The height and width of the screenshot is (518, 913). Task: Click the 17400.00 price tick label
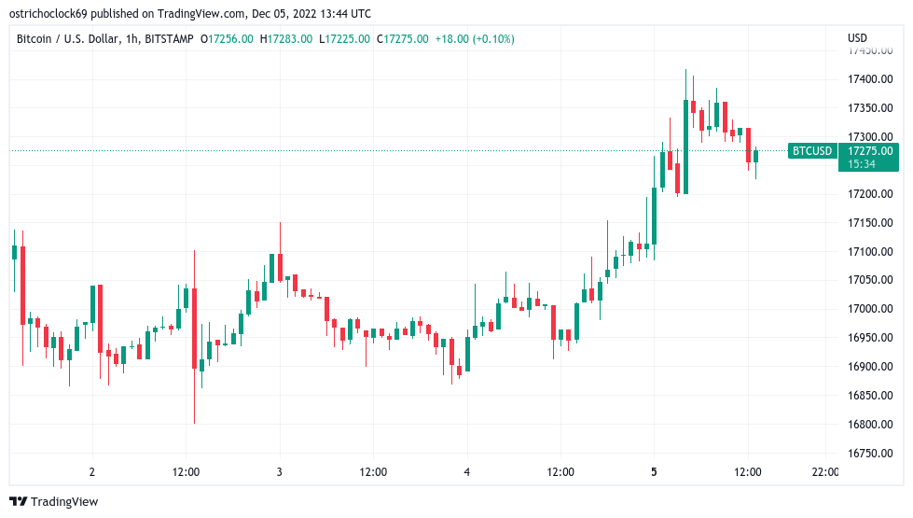pos(869,79)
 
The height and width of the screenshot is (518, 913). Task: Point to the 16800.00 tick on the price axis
pos(869,424)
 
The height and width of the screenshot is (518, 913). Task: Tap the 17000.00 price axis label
pos(869,309)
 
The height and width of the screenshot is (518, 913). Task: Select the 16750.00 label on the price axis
pos(869,453)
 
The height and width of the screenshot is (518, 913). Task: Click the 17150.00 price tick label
pos(869,223)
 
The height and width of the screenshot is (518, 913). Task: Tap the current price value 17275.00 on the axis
pos(869,150)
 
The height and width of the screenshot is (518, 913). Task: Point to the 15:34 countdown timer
pos(862,164)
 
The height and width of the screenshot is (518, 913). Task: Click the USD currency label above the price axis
pos(857,38)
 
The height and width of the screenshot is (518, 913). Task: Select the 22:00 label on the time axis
pos(825,472)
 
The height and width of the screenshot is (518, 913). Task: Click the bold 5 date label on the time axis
pos(654,472)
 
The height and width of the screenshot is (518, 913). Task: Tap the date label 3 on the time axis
pos(279,472)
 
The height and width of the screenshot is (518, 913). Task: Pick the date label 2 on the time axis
pos(91,472)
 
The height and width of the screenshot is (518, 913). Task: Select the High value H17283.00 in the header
pos(286,39)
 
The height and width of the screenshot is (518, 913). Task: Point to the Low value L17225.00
pos(344,39)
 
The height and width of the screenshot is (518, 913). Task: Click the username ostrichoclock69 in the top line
pos(51,14)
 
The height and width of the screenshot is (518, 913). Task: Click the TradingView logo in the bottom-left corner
pos(53,502)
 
